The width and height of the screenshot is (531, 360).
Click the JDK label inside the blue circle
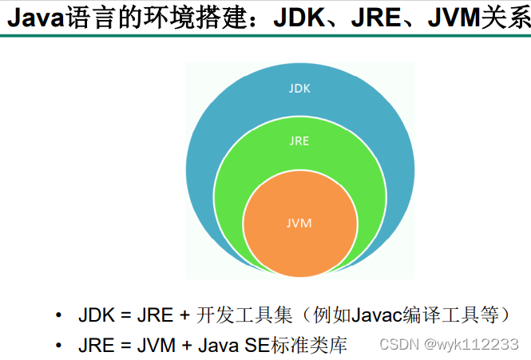click(x=300, y=88)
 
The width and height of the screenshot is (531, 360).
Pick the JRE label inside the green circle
click(x=299, y=140)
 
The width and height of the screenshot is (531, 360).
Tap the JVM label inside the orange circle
click(x=299, y=223)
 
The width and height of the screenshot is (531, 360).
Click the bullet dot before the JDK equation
click(x=58, y=315)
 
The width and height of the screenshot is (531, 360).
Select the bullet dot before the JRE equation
click(x=58, y=346)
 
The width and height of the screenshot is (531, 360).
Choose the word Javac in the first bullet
click(x=371, y=315)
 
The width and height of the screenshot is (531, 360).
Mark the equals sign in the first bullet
click(x=125, y=315)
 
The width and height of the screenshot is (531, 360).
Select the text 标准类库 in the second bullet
click(x=310, y=346)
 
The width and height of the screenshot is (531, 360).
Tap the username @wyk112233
click(x=472, y=345)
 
